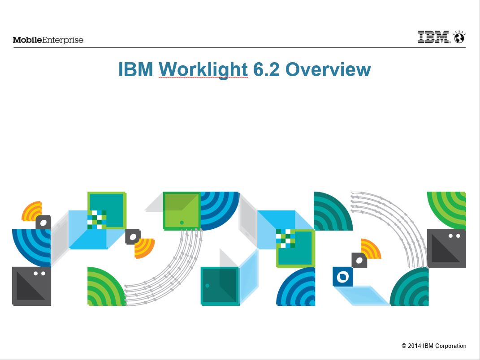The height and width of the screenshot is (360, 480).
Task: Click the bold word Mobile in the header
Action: point(27,40)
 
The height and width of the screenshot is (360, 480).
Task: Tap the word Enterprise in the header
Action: point(63,40)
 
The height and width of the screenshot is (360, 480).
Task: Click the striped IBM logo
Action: point(433,37)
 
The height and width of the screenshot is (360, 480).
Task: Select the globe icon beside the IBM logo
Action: point(459,37)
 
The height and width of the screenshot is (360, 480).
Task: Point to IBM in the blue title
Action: point(136,69)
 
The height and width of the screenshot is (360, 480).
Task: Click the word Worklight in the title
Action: point(203,70)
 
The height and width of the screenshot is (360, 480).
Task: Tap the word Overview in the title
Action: point(328,69)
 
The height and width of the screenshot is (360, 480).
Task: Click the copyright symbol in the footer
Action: point(404,346)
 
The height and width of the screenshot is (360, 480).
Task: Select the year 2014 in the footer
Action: point(414,346)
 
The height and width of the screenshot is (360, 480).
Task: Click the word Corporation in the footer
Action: point(450,346)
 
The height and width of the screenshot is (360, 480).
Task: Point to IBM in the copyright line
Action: point(428,346)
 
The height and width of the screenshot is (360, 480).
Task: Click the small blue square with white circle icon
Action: point(342,277)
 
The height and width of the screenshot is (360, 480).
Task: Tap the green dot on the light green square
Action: point(182,223)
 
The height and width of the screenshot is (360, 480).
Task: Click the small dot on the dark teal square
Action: point(207,286)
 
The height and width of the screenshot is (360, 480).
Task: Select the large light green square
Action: point(182,211)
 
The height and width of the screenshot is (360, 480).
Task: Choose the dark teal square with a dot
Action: point(220,286)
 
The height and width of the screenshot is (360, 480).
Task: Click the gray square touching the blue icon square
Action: point(359,260)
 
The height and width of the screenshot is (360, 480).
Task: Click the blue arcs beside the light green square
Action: point(220,211)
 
